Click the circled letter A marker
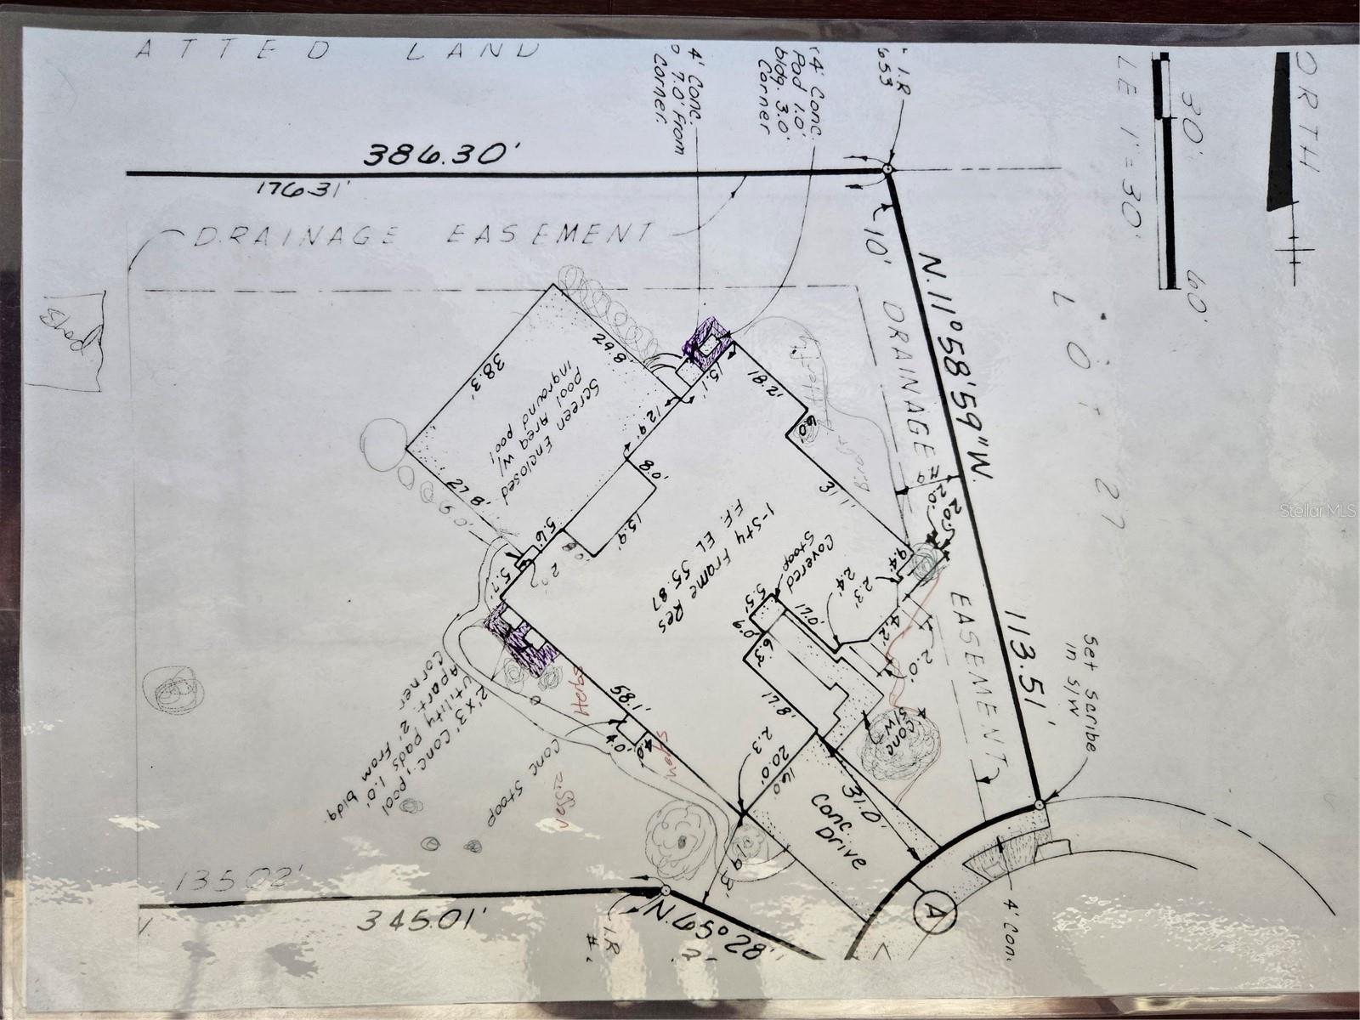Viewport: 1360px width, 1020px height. (x=934, y=912)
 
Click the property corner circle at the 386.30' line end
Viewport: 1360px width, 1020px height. (x=887, y=170)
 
